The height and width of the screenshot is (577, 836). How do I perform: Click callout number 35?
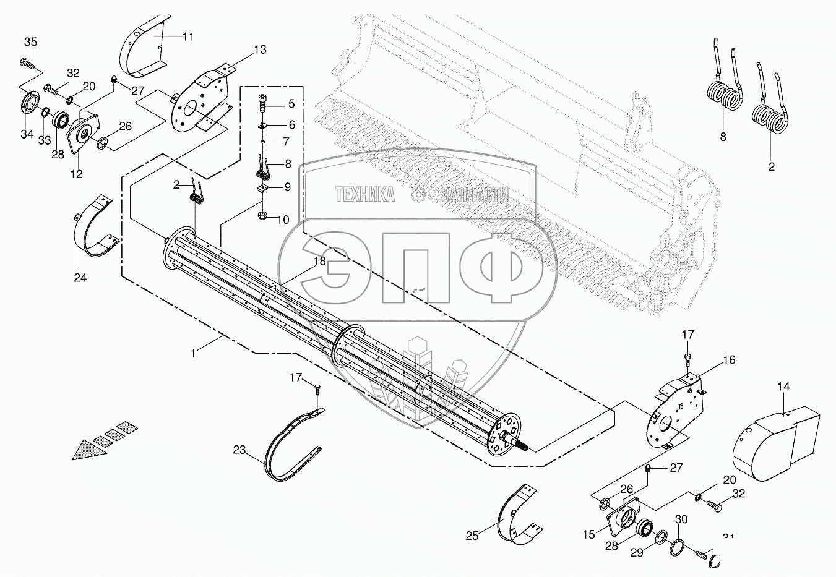30,42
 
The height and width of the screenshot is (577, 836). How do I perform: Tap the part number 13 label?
260,49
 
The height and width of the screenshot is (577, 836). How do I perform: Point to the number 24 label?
80,278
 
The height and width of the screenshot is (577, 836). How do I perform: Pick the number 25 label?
472,536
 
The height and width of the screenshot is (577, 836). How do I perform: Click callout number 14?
783,387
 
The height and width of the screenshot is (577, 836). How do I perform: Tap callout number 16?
730,359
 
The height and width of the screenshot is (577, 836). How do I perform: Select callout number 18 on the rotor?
319,261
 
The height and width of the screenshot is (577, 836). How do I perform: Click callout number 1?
194,353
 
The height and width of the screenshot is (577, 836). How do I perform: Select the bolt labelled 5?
262,101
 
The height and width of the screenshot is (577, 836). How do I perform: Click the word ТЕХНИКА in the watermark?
365,195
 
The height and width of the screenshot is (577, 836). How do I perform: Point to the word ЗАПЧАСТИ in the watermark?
476,195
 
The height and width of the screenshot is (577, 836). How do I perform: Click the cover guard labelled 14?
767,442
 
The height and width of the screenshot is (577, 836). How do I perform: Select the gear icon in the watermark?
420,195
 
